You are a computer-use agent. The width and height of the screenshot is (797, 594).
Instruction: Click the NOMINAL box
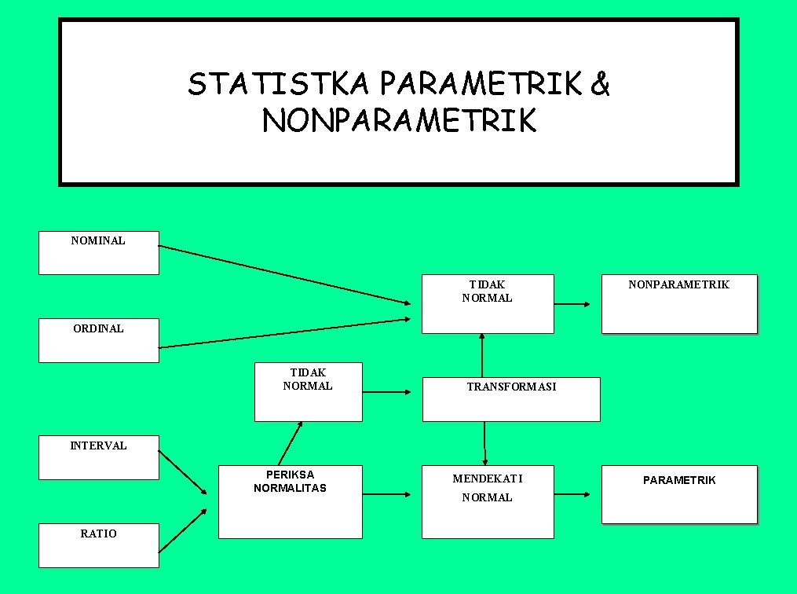(x=99, y=252)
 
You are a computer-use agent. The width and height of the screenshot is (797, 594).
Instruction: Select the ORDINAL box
(x=99, y=340)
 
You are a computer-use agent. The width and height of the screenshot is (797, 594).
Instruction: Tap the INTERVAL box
(x=99, y=457)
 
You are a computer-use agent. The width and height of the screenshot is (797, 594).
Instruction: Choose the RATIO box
(x=99, y=545)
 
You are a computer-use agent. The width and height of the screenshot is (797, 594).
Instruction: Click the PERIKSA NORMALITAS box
(x=291, y=501)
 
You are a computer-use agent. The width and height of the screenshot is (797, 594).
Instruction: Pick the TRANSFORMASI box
(x=511, y=399)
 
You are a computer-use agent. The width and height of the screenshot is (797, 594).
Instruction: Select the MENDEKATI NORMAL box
(x=488, y=501)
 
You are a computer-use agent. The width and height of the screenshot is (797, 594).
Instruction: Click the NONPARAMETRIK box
(x=679, y=304)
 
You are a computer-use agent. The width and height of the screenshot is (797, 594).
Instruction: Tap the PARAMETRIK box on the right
(x=679, y=494)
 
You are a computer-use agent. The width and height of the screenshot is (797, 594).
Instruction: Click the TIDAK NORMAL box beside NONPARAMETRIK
(x=488, y=303)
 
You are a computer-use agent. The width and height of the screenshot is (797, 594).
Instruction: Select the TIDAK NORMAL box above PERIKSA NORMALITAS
(x=308, y=391)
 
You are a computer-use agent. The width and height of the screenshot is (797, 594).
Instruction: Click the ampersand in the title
(x=600, y=83)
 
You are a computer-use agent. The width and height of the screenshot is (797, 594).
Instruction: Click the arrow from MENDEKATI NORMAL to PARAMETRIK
(x=572, y=494)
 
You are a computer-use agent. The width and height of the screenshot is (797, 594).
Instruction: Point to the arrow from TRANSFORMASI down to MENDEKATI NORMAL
(x=484, y=443)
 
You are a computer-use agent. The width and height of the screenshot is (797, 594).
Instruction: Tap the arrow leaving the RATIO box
(x=182, y=530)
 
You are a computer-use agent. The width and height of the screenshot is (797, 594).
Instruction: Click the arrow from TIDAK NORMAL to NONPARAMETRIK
(x=572, y=304)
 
